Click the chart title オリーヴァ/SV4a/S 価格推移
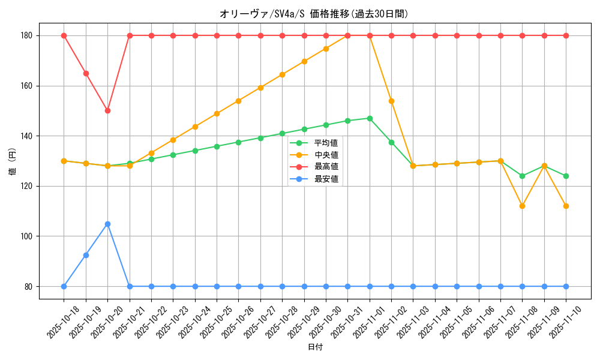[x=318, y=14]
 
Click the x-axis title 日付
[x=315, y=347]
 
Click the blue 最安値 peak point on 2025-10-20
[x=107, y=224]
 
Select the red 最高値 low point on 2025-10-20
[x=107, y=110]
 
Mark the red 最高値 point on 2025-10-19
[x=86, y=73]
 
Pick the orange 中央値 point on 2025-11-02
[x=391, y=101]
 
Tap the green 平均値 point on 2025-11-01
[x=370, y=118]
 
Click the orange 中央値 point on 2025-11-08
[x=522, y=206]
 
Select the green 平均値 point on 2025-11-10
[x=566, y=176]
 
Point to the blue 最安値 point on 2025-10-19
[x=86, y=255]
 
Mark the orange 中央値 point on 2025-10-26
[x=238, y=101]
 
